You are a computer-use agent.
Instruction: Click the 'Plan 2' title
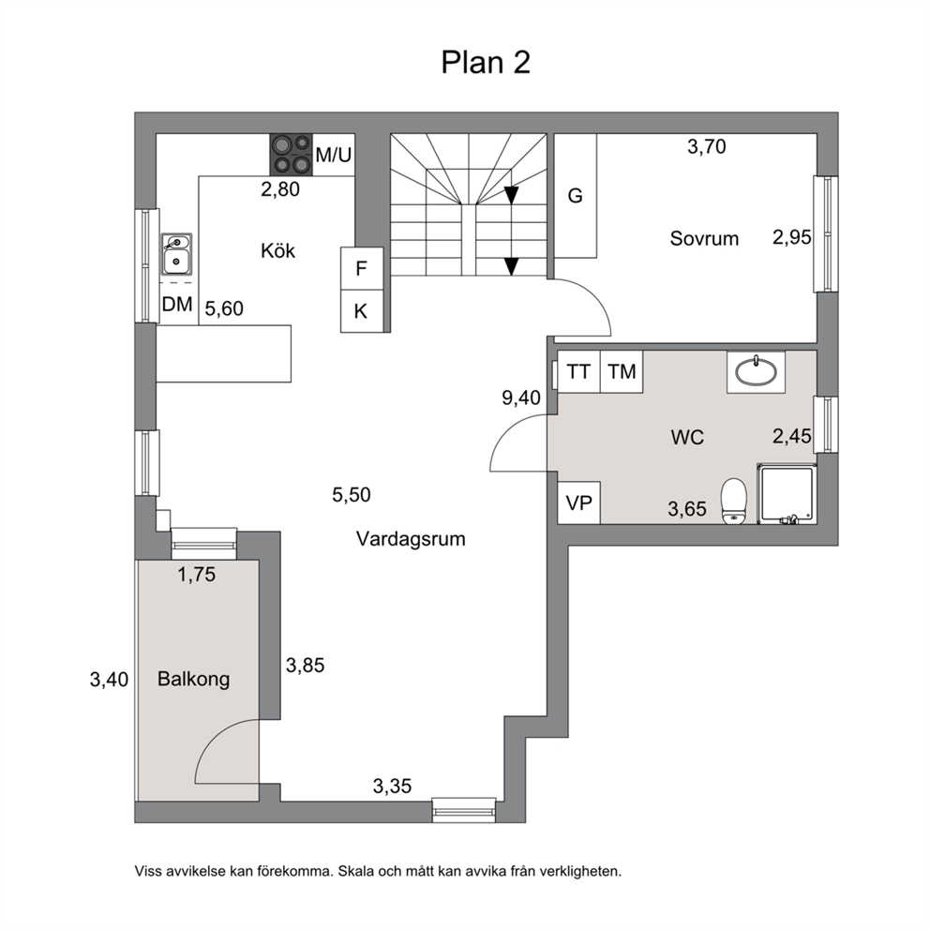[486, 62]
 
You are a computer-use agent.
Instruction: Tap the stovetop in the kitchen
[292, 155]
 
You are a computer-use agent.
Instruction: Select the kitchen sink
[177, 254]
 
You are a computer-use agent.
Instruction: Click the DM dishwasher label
[177, 305]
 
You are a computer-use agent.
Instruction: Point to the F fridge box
[361, 269]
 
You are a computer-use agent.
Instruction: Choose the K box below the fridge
[361, 311]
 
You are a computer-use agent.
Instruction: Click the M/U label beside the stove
[334, 155]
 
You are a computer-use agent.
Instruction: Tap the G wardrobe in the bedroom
[576, 196]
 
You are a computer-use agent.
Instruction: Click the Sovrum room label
[704, 238]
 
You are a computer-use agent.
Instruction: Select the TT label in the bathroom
[578, 372]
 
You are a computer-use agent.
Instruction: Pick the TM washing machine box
[622, 372]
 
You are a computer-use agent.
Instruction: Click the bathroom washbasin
[757, 372]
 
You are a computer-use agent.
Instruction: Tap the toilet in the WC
[733, 502]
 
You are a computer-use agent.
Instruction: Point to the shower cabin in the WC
[787, 494]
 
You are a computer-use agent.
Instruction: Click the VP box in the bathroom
[578, 502]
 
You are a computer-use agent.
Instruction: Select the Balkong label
[193, 679]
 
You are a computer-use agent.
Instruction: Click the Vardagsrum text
[411, 539]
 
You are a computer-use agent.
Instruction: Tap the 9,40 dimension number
[521, 398]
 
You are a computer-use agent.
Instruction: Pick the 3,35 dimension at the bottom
[392, 787]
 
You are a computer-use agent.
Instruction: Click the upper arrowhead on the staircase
[511, 195]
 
